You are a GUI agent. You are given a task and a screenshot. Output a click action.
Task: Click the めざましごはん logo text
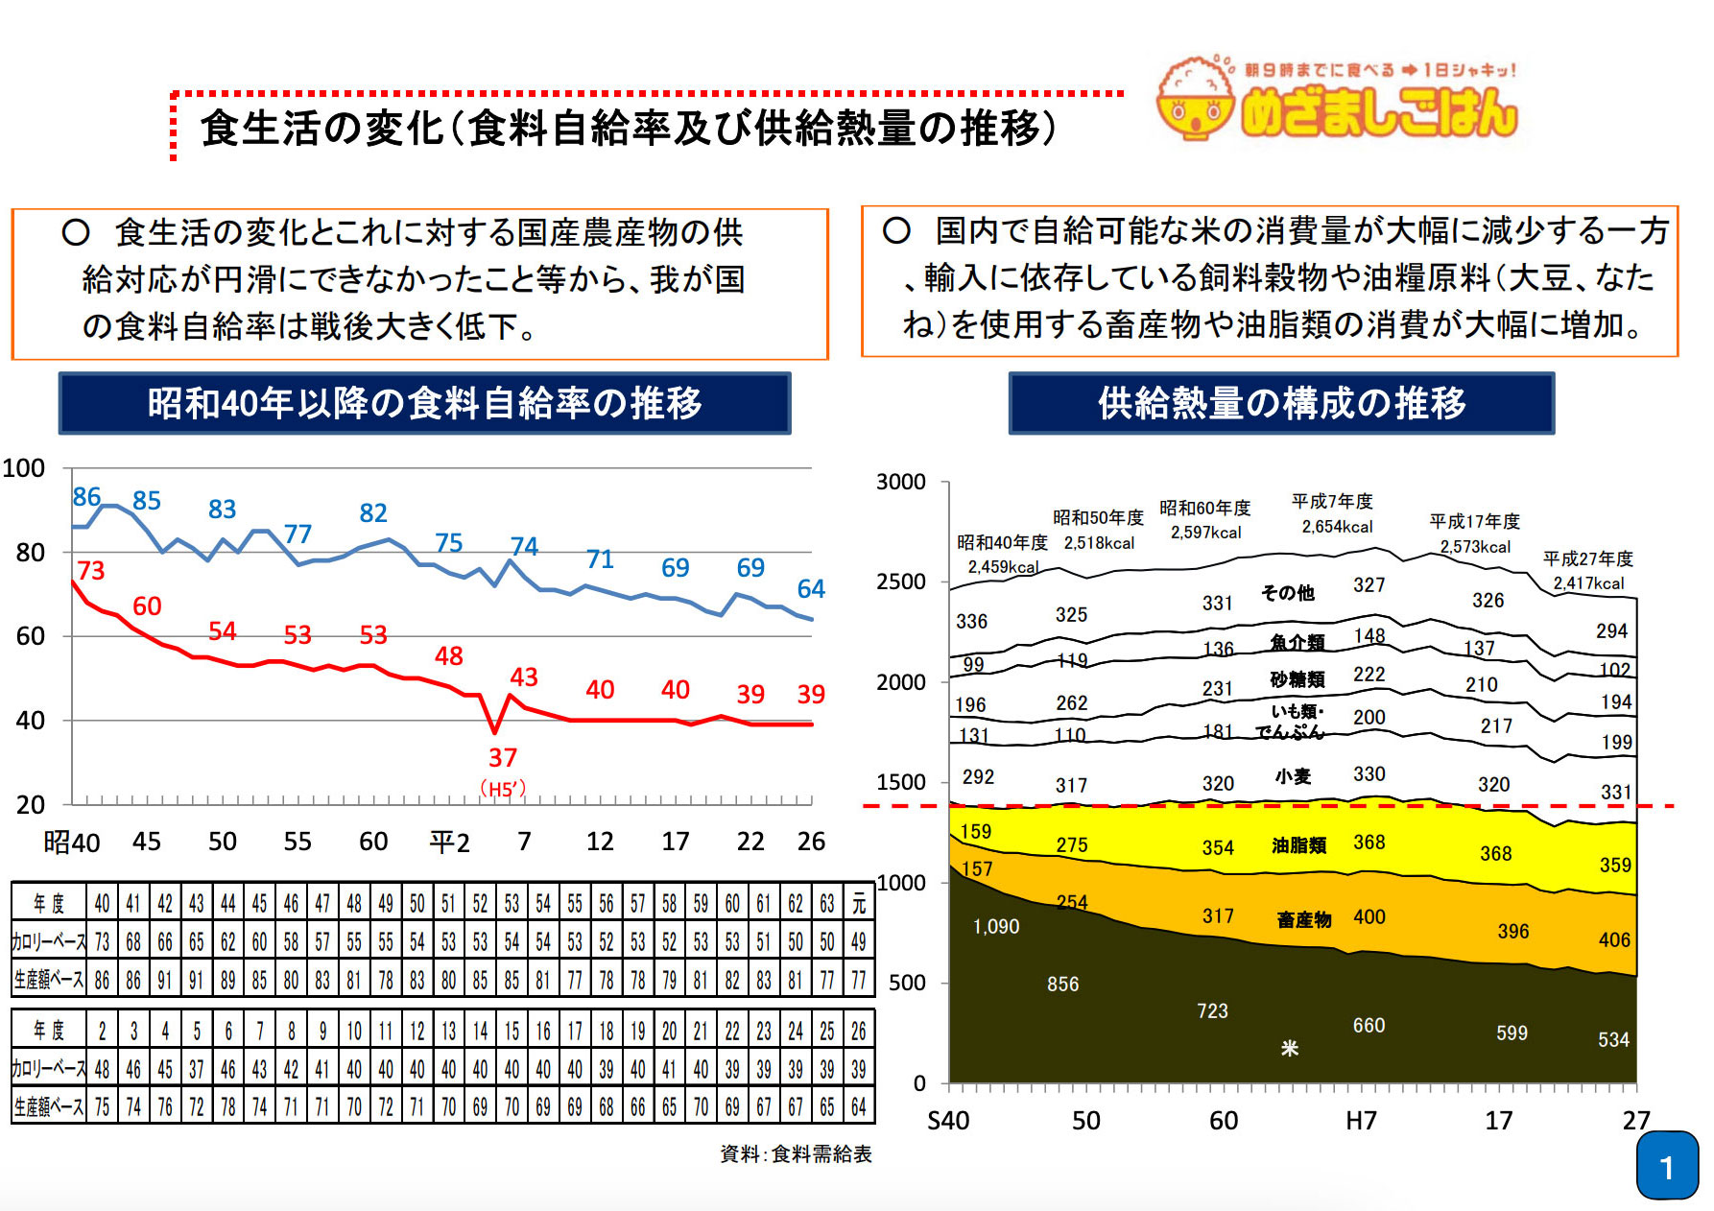1378,112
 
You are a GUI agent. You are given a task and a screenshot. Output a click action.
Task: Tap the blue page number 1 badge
1667,1166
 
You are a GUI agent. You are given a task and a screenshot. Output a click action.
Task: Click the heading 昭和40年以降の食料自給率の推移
424,403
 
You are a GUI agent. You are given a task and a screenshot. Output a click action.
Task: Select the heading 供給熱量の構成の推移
1281,403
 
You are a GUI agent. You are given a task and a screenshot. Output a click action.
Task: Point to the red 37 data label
503,758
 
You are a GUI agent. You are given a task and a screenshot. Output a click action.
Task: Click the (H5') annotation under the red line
503,789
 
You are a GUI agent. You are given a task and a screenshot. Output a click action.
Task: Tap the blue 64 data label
811,589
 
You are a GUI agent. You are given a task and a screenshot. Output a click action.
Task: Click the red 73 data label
90,571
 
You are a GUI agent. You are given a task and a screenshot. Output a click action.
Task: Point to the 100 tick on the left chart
24,468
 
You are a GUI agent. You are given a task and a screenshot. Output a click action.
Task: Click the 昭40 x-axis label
71,843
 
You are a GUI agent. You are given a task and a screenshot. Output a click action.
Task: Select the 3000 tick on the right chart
900,482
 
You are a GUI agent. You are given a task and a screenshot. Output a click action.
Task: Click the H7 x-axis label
1361,1121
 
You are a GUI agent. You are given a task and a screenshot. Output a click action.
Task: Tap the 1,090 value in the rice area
996,927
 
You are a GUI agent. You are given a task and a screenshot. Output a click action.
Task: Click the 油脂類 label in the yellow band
1298,845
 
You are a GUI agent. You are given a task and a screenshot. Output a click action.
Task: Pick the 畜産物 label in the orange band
1303,920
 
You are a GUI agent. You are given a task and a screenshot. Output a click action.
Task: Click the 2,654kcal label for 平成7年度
1337,527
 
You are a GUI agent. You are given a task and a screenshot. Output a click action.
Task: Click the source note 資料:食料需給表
796,1154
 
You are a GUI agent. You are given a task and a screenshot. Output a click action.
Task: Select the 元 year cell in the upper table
859,903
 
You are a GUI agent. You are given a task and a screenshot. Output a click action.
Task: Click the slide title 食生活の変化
322,129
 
